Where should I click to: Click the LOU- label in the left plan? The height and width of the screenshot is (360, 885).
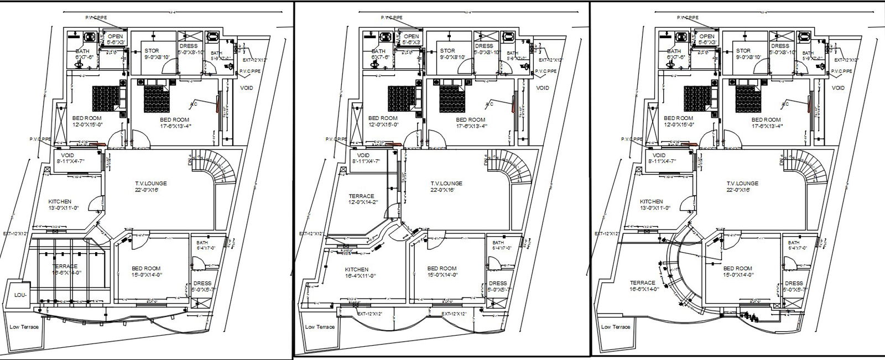[20, 296]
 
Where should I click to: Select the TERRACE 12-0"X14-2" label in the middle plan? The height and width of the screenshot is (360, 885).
[361, 199]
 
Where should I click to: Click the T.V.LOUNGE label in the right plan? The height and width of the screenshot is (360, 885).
[741, 186]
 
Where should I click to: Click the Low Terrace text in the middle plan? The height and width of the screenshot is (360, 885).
[320, 327]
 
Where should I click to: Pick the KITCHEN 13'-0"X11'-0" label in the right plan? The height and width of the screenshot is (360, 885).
[652, 205]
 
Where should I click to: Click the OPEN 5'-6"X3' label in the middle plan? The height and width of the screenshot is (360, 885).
[412, 39]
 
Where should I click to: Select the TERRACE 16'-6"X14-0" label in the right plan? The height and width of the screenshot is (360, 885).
[643, 285]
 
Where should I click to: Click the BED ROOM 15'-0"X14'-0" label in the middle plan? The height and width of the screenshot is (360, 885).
[441, 272]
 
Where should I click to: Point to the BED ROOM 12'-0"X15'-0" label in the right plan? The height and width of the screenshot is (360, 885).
[678, 121]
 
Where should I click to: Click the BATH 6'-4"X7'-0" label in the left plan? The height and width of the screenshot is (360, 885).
[201, 246]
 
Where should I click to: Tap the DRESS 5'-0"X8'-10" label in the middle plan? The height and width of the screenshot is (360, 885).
[484, 49]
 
